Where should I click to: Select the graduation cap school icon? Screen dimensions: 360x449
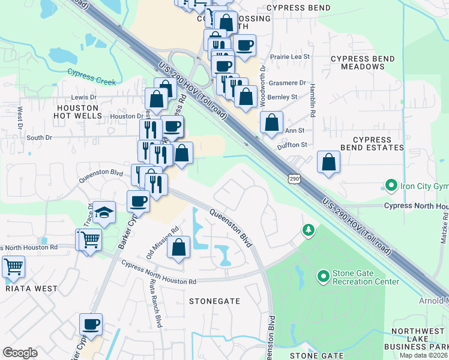[104, 213]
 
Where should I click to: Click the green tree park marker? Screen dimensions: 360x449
[309, 230]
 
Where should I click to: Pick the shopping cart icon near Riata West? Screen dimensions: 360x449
[13, 266]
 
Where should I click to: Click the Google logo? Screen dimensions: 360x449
[20, 353]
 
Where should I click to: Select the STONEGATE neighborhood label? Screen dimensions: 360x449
[214, 301]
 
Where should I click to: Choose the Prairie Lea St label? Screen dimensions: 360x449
[289, 56]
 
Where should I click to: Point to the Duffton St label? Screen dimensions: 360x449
[292, 145]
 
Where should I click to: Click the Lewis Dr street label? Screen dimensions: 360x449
[84, 97]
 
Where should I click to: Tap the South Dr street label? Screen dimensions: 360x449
[40, 137]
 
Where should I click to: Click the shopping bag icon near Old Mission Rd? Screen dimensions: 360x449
[179, 247]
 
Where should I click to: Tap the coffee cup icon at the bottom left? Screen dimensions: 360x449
[91, 325]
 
